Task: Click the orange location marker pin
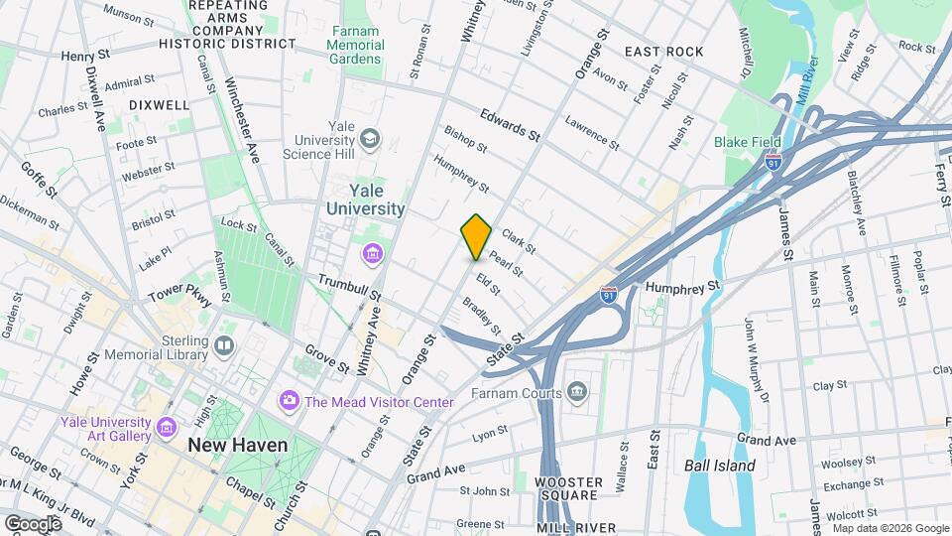[x=476, y=236]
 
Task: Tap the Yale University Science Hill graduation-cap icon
[x=370, y=137]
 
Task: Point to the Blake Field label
[x=748, y=142]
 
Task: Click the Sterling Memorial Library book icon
[x=225, y=344]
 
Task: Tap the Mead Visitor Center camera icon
[x=290, y=401]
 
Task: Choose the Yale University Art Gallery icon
[x=167, y=429]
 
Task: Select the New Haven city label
[x=238, y=445]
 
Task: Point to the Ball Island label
[x=720, y=466]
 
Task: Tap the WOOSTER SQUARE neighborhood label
[x=568, y=487]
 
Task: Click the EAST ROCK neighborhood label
[x=664, y=52]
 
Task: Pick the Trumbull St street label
[x=349, y=287]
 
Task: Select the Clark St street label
[x=518, y=241]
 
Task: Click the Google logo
[x=33, y=523]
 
